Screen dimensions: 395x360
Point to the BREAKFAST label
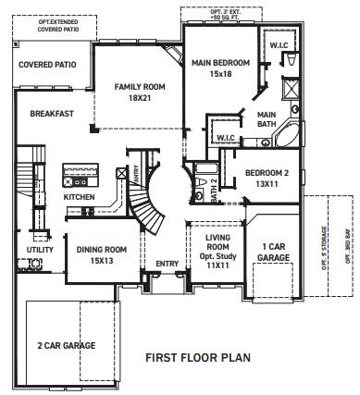click(x=51, y=113)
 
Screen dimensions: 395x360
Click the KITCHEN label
click(x=78, y=197)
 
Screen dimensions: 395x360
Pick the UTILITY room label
click(x=39, y=249)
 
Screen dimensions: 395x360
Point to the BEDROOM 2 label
click(x=267, y=173)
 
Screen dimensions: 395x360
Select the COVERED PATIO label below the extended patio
click(x=47, y=65)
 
